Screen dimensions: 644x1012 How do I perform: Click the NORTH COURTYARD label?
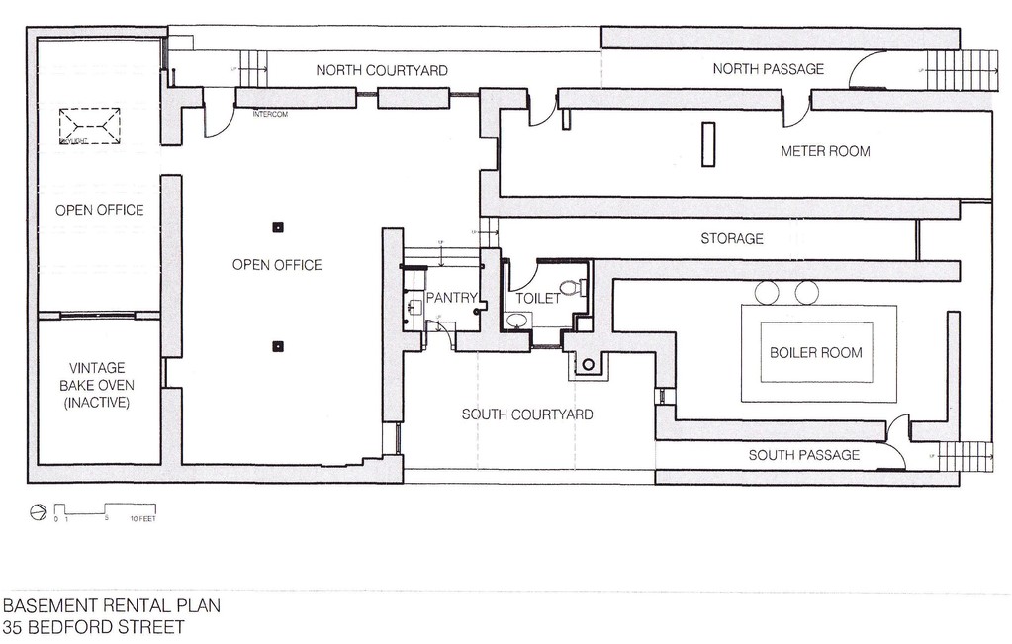pos(382,71)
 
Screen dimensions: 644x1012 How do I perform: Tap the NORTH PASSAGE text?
pos(769,69)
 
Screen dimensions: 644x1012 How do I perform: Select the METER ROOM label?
pos(825,152)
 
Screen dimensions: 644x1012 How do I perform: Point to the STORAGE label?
pos(732,239)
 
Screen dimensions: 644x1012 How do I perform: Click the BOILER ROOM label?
pos(816,353)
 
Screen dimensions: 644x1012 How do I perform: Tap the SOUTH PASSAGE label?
pos(803,456)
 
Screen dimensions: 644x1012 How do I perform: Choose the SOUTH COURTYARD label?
pos(527,414)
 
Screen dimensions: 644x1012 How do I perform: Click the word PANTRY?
pos(451,298)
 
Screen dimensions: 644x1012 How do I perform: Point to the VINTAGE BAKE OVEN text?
pos(97,385)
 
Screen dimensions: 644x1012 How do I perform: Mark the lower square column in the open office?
pos(278,346)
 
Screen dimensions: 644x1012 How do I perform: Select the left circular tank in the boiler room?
pos(768,293)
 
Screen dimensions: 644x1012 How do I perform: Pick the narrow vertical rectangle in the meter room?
pos(708,143)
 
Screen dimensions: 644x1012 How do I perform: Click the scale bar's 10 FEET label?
pos(142,518)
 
